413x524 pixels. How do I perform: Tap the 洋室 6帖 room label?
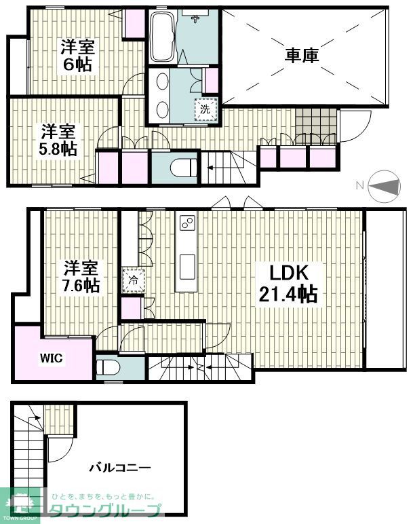(77, 56)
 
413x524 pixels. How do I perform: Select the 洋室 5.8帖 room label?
(58, 139)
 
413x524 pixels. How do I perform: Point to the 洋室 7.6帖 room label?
(81, 276)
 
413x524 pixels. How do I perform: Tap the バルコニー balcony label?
(120, 468)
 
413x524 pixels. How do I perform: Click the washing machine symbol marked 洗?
(204, 108)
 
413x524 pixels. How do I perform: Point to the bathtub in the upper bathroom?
(161, 37)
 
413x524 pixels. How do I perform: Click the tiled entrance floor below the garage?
(316, 122)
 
